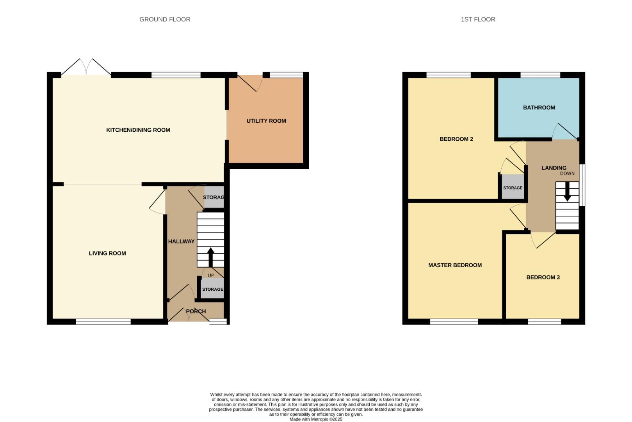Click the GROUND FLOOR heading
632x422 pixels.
tap(165, 19)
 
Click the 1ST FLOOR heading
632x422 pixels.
tap(478, 19)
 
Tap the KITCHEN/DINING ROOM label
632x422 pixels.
tap(138, 130)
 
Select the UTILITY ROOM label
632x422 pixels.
tap(266, 121)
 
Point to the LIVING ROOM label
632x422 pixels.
tap(107, 253)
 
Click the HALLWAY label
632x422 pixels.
tap(181, 241)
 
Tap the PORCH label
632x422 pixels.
tap(196, 311)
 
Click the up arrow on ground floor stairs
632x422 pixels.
tap(210, 257)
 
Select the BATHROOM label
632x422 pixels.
tap(539, 107)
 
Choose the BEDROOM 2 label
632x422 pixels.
tap(456, 139)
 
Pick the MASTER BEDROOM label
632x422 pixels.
tap(455, 265)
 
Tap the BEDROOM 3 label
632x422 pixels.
tap(543, 277)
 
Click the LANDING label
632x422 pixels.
tap(554, 168)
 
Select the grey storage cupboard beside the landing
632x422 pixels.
tap(513, 188)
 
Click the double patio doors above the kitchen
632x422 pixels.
tap(86, 67)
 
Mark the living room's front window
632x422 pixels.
tap(103, 322)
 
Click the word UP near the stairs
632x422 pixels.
tap(211, 275)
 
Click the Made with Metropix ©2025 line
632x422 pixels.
tap(315, 419)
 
